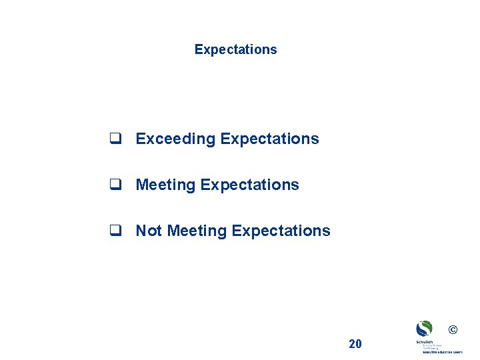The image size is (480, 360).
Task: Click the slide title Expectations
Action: click(235, 49)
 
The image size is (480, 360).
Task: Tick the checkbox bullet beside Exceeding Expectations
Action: click(115, 139)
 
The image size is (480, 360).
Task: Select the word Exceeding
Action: click(175, 139)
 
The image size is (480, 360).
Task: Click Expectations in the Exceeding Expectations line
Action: click(269, 139)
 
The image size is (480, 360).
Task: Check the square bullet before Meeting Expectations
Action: click(115, 185)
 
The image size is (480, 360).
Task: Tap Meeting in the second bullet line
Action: click(165, 185)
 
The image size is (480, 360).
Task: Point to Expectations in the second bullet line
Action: click(249, 185)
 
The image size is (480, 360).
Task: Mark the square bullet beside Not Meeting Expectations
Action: click(115, 231)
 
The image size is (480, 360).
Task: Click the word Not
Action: click(149, 231)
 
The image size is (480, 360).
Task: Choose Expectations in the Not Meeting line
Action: click(281, 231)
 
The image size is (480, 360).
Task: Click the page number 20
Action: click(355, 344)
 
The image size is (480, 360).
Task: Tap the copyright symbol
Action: click(453, 330)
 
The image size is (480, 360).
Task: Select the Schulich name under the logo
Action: click(424, 341)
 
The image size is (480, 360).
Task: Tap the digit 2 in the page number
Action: click(352, 344)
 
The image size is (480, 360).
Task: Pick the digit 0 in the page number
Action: click(359, 344)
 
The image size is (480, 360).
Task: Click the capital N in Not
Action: click(141, 231)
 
